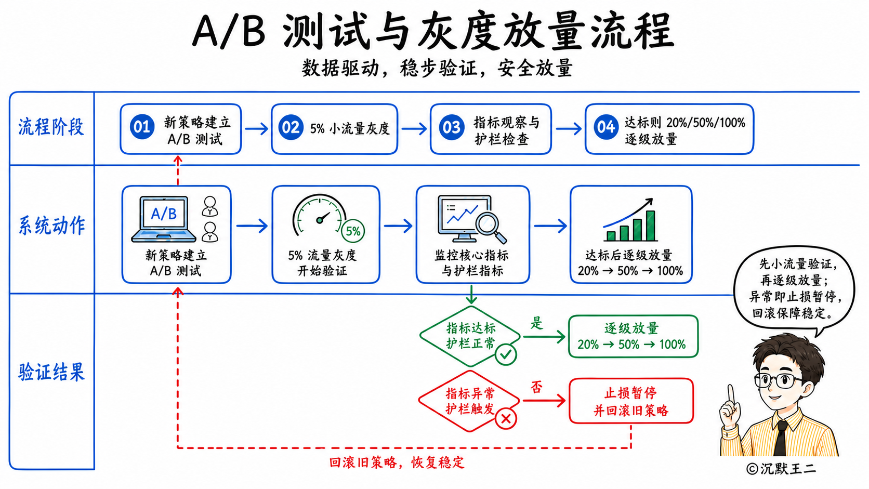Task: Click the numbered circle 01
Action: (142, 127)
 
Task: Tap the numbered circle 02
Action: (291, 127)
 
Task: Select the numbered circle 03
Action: (451, 127)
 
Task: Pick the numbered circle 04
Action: (606, 127)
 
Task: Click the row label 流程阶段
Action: (51, 127)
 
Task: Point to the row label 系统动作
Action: (51, 226)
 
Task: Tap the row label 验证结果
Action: (51, 372)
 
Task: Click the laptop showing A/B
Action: (164, 219)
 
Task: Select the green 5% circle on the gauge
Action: (353, 231)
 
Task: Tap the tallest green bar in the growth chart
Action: (651, 226)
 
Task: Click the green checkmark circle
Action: (506, 354)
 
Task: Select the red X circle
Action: (506, 418)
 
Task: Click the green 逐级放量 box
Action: (633, 336)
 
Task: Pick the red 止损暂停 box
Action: (631, 401)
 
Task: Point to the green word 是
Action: (536, 323)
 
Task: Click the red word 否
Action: (536, 387)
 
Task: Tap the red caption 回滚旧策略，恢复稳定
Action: (397, 462)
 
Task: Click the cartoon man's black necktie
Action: (781, 438)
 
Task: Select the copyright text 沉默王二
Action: (788, 469)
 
